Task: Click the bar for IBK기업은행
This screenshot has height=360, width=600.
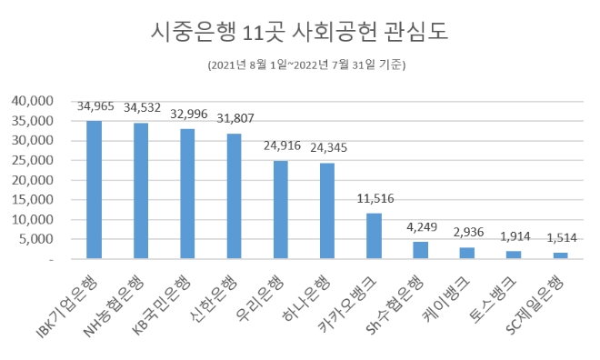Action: [95, 190]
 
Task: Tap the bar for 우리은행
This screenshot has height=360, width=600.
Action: [281, 210]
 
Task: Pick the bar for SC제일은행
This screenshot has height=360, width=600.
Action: [560, 256]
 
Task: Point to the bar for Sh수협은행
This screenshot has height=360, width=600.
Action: [421, 251]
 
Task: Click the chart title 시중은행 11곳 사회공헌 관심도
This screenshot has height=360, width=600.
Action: [299, 34]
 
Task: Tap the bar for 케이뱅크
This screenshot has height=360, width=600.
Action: [467, 254]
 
